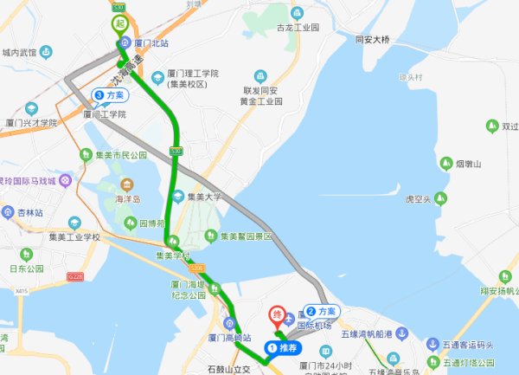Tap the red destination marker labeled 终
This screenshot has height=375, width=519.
(278, 314)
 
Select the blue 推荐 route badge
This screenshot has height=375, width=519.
(282, 348)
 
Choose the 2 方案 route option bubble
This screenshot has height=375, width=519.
(321, 310)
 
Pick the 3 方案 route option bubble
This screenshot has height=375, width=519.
(109, 95)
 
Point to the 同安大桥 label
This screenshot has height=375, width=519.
(373, 40)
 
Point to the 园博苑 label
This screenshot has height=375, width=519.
(151, 222)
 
